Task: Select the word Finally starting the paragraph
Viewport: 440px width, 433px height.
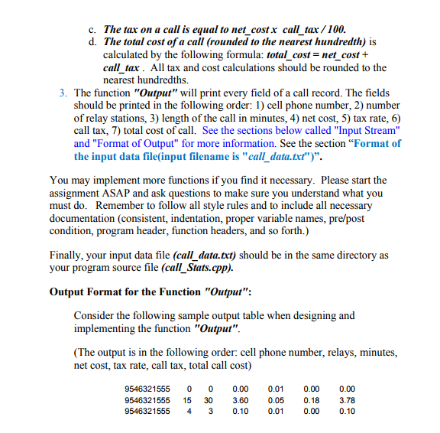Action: point(69,256)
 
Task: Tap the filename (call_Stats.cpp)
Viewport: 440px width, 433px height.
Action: point(201,269)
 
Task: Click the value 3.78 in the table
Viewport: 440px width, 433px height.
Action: point(347,399)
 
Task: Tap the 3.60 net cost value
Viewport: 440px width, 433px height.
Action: point(240,399)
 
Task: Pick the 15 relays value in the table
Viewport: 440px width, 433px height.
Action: point(186,399)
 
